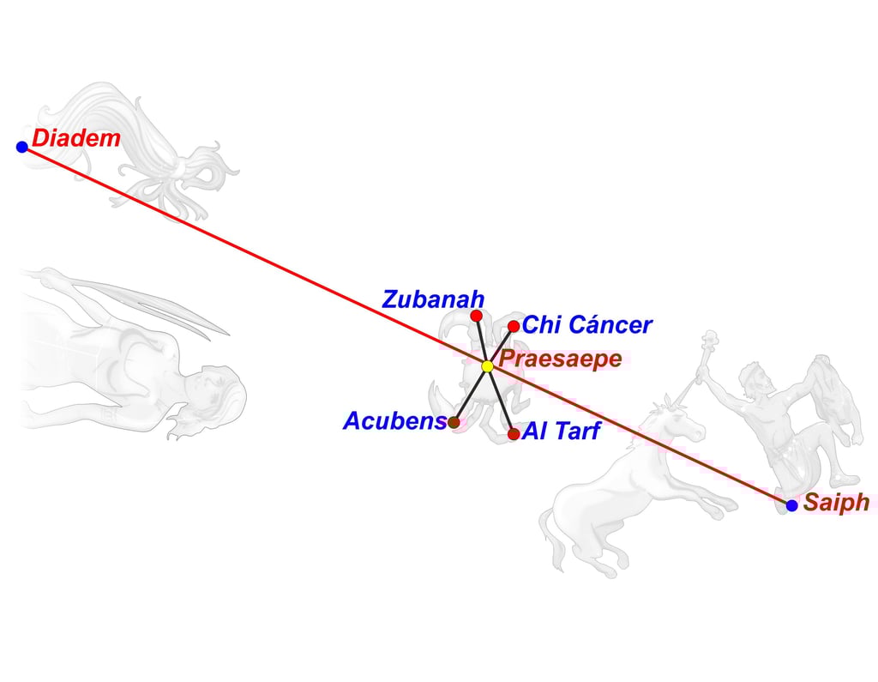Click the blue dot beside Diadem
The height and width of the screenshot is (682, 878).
point(22,147)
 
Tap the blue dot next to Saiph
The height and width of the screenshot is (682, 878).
point(791,505)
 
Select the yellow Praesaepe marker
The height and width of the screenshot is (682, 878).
point(487,366)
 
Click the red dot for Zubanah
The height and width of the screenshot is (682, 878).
point(476,316)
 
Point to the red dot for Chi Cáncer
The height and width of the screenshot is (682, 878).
point(514,326)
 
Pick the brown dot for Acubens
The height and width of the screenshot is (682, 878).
point(454,422)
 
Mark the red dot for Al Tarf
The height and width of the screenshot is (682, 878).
point(514,434)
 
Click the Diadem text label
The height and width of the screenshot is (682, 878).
point(76,138)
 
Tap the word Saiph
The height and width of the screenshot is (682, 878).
point(836,503)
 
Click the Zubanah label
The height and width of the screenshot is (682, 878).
point(433,299)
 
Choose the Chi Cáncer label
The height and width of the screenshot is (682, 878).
point(586,325)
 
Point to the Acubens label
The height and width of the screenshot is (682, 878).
point(394,421)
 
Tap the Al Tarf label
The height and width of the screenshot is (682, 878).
point(561,432)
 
